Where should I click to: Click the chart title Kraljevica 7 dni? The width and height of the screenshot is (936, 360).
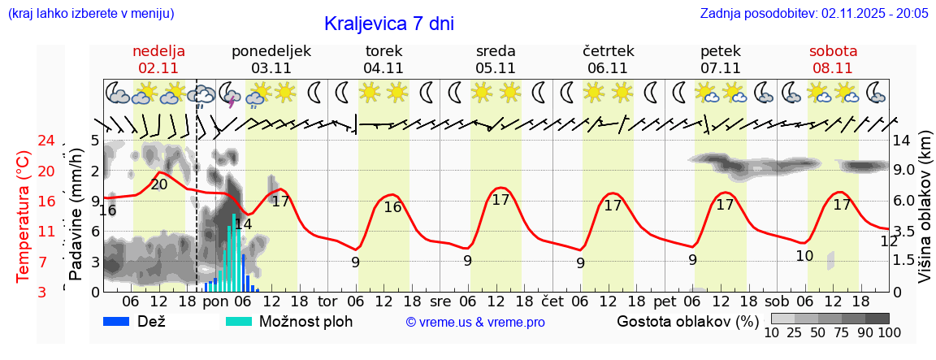[388, 24]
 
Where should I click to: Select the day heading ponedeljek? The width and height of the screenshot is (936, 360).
[271, 50]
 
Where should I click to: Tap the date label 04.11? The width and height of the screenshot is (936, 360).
[383, 68]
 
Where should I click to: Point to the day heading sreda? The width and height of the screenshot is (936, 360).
[496, 50]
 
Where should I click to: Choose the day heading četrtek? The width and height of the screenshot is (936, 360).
[608, 50]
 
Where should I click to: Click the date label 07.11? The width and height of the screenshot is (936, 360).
[721, 68]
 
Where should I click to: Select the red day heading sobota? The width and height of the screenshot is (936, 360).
[833, 50]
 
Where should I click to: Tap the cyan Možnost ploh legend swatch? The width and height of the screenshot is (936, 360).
[239, 321]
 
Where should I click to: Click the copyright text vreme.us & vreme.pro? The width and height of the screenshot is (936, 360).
[475, 323]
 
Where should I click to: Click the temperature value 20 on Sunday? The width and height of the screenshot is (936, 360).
[159, 184]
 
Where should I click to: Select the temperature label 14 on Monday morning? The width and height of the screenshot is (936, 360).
[243, 224]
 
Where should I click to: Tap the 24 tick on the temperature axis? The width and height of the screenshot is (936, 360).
[24, 141]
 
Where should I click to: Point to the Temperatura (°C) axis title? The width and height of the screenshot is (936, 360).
[24, 215]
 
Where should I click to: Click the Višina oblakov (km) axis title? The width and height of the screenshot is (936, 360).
[925, 215]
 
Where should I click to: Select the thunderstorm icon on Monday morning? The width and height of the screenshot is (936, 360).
[230, 94]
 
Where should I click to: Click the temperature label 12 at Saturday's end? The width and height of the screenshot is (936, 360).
[889, 241]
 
